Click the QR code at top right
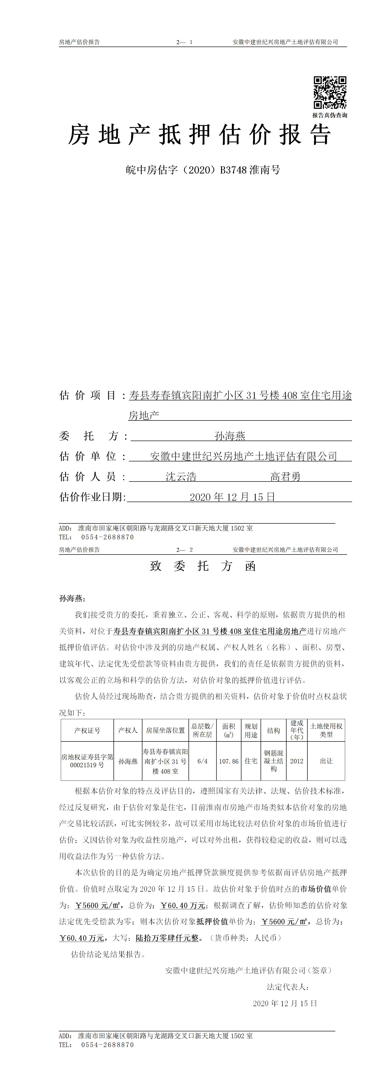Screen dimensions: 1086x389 330,93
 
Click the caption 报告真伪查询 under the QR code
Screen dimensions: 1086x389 330,115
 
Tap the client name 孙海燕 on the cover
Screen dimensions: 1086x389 230,436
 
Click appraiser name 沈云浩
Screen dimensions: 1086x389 181,477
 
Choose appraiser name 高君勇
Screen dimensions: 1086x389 285,477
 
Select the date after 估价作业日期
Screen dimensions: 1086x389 232,497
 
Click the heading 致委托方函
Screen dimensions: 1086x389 203,566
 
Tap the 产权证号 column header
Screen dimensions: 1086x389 87,730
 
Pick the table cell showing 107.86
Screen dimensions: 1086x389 229,761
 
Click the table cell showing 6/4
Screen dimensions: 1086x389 202,761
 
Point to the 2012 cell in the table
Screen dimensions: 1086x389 297,761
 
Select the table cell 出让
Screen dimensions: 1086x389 326,761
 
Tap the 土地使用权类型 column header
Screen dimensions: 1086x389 326,730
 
